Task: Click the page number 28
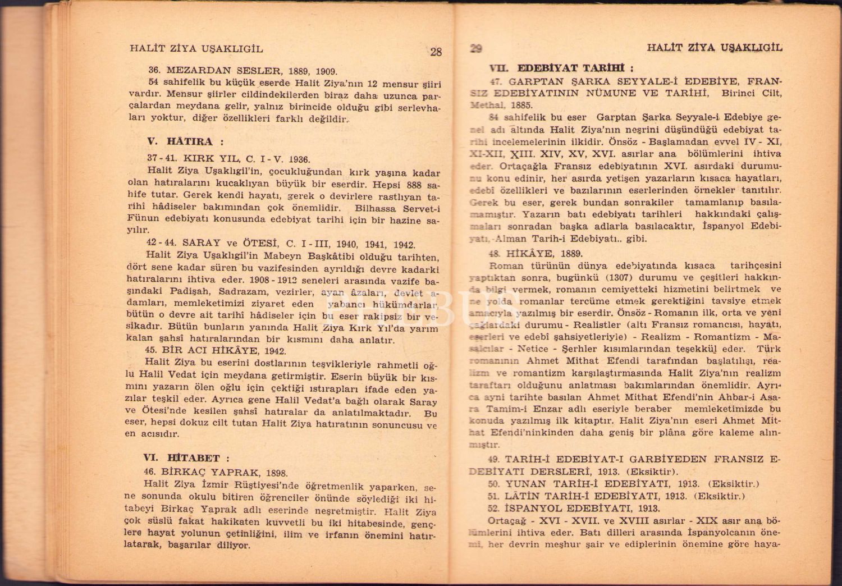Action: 436,52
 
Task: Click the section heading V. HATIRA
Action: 180,141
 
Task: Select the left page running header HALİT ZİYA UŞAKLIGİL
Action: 196,49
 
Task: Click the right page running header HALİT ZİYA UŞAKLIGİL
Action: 714,48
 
